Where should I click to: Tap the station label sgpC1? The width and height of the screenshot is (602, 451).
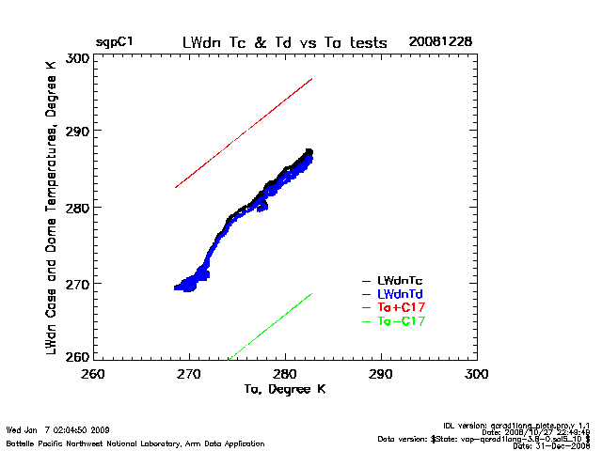pyautogui.click(x=114, y=42)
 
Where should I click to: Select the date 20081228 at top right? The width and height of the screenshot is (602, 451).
pyautogui.click(x=440, y=42)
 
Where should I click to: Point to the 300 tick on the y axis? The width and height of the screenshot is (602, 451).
pyautogui.click(x=78, y=57)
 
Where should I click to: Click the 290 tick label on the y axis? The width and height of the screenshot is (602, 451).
pyautogui.click(x=78, y=132)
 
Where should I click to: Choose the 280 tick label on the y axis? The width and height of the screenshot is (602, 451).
pyautogui.click(x=78, y=207)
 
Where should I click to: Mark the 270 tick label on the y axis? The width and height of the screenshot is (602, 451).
pyautogui.click(x=78, y=282)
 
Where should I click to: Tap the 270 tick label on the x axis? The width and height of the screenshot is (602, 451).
pyautogui.click(x=189, y=373)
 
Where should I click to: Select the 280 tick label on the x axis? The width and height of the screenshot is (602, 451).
pyautogui.click(x=285, y=373)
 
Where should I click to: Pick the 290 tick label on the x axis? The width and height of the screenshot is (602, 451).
pyautogui.click(x=381, y=373)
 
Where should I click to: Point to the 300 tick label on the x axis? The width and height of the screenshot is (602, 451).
pyautogui.click(x=477, y=373)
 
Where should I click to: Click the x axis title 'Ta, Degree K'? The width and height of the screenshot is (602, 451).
pyautogui.click(x=285, y=388)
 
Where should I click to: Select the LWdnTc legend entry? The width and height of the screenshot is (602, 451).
pyautogui.click(x=399, y=280)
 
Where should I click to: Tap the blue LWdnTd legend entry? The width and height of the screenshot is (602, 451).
pyautogui.click(x=399, y=294)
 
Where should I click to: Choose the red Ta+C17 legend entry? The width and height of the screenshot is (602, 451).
pyautogui.click(x=399, y=307)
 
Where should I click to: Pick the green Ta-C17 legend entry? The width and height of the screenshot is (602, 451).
pyautogui.click(x=399, y=321)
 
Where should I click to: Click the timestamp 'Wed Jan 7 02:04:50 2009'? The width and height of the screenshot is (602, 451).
pyautogui.click(x=58, y=430)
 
